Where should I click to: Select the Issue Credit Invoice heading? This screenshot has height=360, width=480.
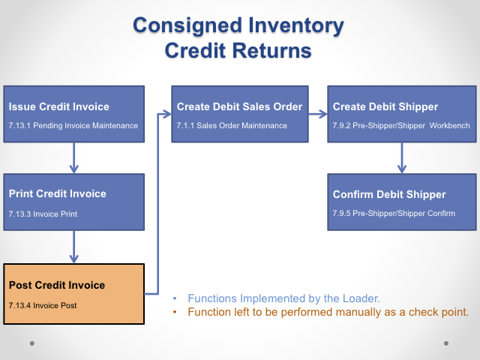(58, 106)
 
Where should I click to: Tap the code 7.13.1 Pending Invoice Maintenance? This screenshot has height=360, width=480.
(73, 125)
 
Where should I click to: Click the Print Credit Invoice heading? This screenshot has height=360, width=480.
(57, 193)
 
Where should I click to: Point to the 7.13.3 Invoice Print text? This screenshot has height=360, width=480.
(43, 214)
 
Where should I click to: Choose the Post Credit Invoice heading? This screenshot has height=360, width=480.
(56, 285)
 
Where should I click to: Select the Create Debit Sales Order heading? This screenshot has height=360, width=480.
(239, 106)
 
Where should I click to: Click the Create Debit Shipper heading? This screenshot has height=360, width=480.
(385, 106)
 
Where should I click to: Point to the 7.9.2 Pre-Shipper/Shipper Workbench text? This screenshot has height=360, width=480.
(401, 125)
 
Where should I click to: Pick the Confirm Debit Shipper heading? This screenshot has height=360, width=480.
(389, 194)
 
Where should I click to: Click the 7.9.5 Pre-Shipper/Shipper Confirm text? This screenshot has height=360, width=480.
(394, 214)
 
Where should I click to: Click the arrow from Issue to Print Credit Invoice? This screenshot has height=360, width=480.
(73, 157)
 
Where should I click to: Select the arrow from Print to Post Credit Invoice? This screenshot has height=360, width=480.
(73, 246)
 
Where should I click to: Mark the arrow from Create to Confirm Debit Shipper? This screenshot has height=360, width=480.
(400, 157)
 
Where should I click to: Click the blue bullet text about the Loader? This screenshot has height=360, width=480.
(283, 297)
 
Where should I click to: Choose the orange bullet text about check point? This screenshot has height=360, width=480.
(328, 312)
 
